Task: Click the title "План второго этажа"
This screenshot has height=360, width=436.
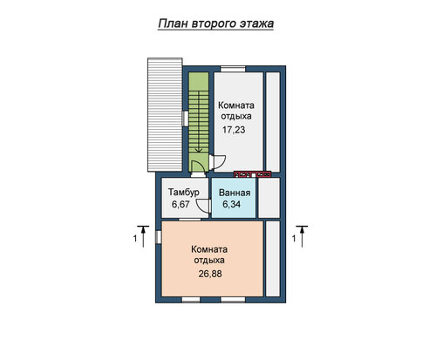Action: [x=216, y=24]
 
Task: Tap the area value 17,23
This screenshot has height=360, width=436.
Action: [x=234, y=130]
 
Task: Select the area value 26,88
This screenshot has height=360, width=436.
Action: [x=210, y=274]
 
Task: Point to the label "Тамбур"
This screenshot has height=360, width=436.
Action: [x=184, y=193]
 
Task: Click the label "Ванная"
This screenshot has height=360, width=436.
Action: [x=235, y=193]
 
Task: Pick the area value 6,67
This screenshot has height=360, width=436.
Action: [x=181, y=204]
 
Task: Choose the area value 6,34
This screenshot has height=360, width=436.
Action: [x=231, y=204]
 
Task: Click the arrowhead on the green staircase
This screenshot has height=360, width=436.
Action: [x=199, y=150]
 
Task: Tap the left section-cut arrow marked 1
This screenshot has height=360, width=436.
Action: [x=143, y=236]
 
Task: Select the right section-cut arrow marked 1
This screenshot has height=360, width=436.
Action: [x=302, y=236]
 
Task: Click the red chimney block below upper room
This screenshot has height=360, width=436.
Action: [x=253, y=174]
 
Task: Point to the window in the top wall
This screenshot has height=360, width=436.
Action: [x=233, y=69]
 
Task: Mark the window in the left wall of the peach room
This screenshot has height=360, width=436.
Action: [x=159, y=237]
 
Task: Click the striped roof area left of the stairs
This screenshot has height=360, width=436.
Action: [x=165, y=115]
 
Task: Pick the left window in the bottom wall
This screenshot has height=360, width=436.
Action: [x=191, y=300]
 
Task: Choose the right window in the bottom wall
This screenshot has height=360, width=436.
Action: [x=233, y=300]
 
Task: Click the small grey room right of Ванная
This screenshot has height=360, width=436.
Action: [x=269, y=198]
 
